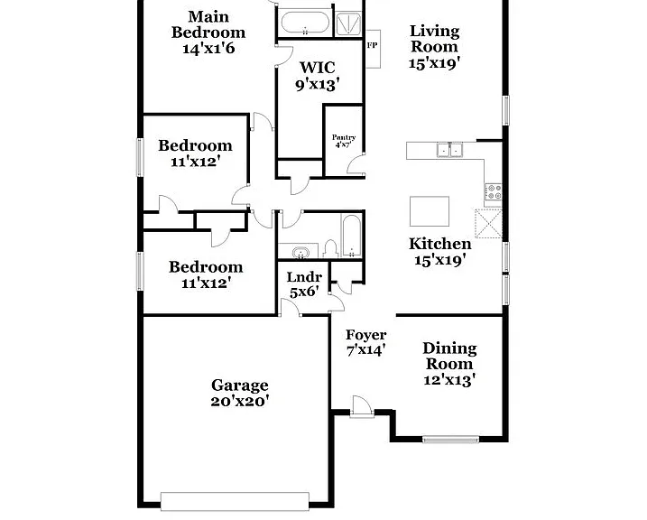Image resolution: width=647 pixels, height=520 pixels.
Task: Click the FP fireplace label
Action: (x=372, y=46)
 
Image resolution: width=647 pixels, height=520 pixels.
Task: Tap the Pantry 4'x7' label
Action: (x=344, y=141)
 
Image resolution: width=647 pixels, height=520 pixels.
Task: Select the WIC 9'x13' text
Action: (x=318, y=76)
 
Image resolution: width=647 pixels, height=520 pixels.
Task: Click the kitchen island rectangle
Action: (x=430, y=211)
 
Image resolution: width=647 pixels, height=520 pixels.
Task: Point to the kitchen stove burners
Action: (x=493, y=192)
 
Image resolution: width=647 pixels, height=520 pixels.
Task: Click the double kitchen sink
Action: (x=449, y=150)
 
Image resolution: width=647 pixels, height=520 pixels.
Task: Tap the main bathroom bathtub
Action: (x=305, y=23)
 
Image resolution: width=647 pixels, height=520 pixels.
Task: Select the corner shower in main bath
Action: (x=348, y=24)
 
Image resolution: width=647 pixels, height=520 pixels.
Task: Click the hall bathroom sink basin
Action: (x=300, y=251)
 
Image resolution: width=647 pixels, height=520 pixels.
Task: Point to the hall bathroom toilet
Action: (x=330, y=249)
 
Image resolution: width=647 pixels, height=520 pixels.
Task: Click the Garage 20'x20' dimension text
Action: (x=240, y=401)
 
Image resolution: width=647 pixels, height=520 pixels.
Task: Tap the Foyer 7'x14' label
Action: (x=366, y=342)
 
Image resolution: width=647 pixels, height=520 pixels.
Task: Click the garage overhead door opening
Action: (x=235, y=501)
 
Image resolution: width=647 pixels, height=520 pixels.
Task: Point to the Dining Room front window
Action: (x=450, y=439)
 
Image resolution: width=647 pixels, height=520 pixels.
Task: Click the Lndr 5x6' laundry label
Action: (x=304, y=284)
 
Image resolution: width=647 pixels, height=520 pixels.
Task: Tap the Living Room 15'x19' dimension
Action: (x=435, y=63)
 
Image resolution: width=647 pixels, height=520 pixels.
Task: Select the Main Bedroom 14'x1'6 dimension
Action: (x=208, y=48)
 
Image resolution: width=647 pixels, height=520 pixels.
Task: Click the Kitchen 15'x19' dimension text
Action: (x=440, y=260)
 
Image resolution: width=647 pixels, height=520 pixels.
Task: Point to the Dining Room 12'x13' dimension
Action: (x=449, y=380)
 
